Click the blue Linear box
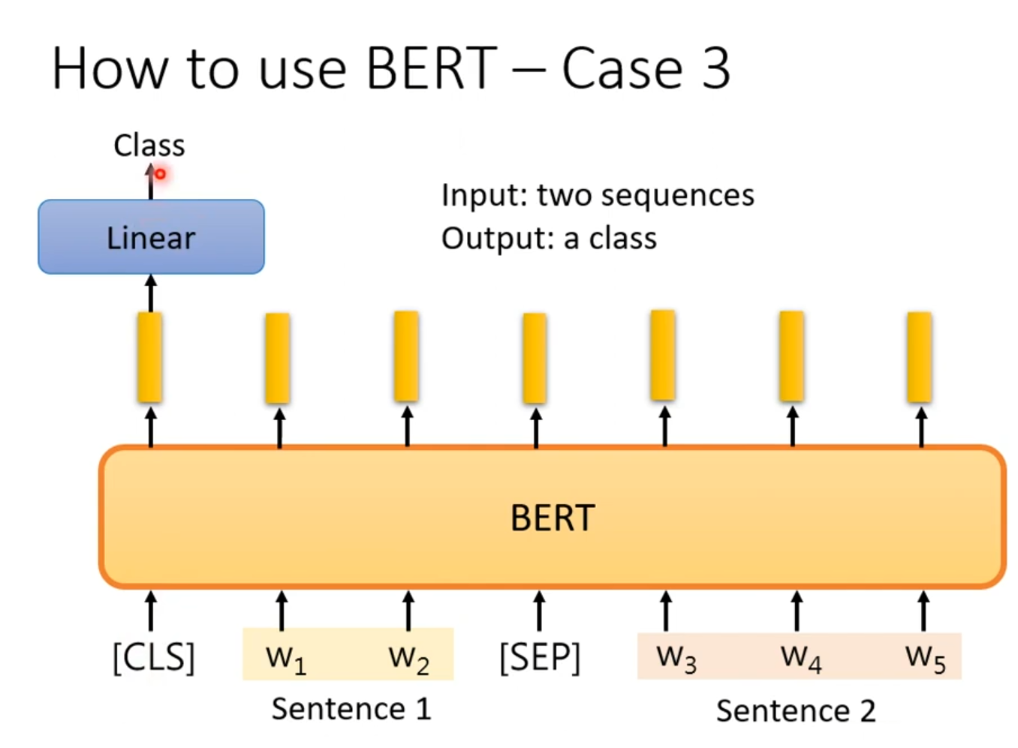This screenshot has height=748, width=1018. tap(151, 237)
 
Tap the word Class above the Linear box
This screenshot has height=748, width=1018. tap(149, 146)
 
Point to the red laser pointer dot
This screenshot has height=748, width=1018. tap(160, 174)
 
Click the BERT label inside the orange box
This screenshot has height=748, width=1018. tap(553, 518)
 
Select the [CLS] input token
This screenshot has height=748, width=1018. tap(153, 658)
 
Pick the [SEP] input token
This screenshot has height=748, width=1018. tap(540, 658)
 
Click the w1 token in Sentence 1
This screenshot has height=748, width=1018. tap(285, 658)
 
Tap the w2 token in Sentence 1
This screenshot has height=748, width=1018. tap(408, 658)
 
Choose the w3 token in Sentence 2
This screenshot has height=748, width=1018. tap(676, 658)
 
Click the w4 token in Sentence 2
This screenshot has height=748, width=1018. tap(800, 658)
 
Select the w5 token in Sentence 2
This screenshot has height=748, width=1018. tap(925, 658)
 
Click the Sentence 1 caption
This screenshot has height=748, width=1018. tap(351, 709)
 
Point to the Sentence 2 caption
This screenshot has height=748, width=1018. tap(796, 710)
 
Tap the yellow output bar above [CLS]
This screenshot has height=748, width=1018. tap(150, 357)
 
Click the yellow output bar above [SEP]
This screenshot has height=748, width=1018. tap(535, 358)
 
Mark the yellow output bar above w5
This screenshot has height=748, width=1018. tap(920, 357)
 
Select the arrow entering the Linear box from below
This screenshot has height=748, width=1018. tap(151, 293)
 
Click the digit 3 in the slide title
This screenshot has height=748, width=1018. tap(715, 69)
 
